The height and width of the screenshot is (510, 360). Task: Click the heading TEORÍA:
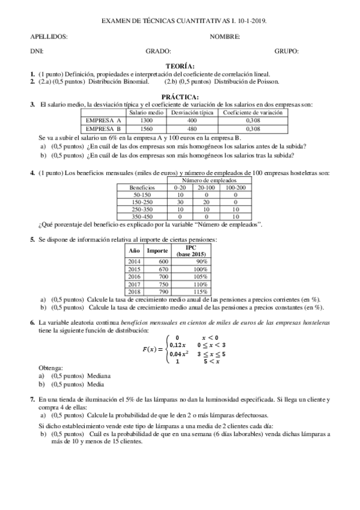[180, 66]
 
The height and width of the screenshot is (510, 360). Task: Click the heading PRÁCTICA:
[180, 96]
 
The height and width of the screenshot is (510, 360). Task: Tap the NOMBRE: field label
[225, 37]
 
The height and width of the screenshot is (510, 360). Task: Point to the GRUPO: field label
[287, 51]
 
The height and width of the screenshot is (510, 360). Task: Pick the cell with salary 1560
[146, 128]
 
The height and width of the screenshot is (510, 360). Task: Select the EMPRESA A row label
[104, 120]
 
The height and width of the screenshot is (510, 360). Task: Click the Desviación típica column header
[192, 112]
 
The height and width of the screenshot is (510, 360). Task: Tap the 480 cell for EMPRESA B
[192, 128]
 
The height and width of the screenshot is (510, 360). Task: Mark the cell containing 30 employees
[180, 202]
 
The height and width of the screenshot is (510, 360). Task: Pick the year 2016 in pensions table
[133, 277]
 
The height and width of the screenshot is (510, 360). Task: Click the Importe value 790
[157, 292]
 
